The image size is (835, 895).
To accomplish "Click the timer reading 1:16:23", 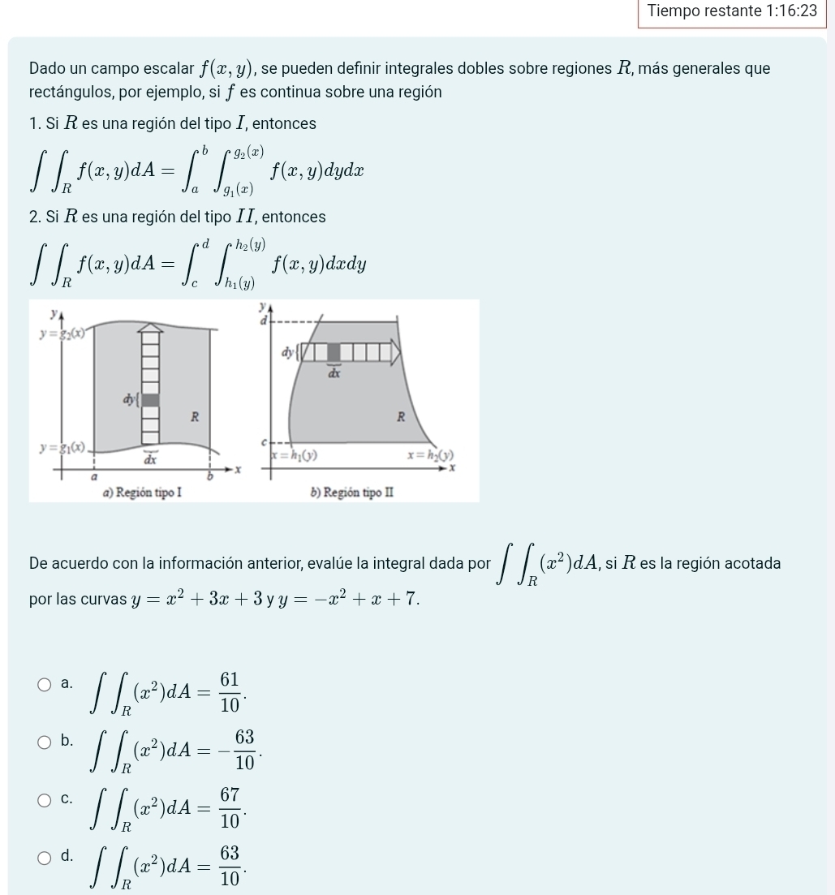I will [794, 11].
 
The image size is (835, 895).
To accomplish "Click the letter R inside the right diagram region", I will [399, 417].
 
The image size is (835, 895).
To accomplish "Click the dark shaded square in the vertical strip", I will [151, 398].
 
